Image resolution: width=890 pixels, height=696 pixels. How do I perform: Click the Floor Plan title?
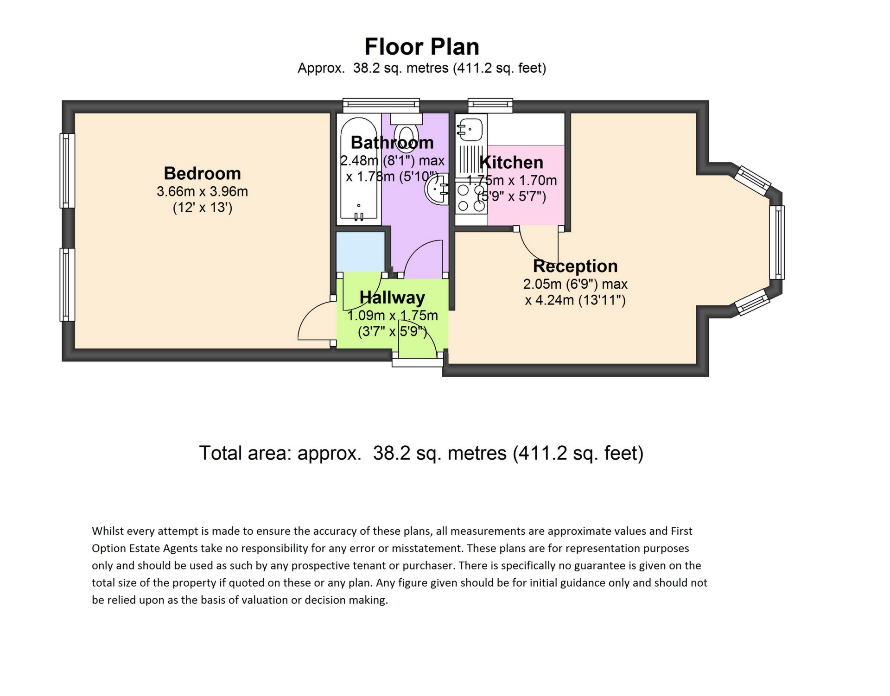pyautogui.click(x=421, y=47)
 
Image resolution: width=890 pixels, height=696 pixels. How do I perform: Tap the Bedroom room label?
pyautogui.click(x=202, y=173)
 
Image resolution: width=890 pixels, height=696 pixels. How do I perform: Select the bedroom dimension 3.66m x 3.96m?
pyautogui.click(x=202, y=191)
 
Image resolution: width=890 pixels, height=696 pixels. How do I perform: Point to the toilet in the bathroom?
pyautogui.click(x=406, y=132)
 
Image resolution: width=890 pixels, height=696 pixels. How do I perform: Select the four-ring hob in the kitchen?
pyautogui.click(x=471, y=197)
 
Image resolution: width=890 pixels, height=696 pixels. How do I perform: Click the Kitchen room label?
pyautogui.click(x=511, y=163)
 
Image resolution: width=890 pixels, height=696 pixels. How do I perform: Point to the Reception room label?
pyautogui.click(x=575, y=266)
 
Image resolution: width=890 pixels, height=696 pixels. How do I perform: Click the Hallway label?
pyautogui.click(x=392, y=297)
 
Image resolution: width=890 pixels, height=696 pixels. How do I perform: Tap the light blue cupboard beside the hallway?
pyautogui.click(x=360, y=252)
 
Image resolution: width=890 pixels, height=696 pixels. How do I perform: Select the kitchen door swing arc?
pyautogui.click(x=533, y=251)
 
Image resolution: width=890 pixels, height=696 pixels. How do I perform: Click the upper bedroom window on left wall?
pyautogui.click(x=67, y=171)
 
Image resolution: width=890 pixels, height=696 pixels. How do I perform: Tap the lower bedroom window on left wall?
pyautogui.click(x=67, y=285)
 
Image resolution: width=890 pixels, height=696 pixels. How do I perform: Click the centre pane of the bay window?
pyautogui.click(x=777, y=242)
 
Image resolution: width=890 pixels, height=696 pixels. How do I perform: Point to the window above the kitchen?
pyautogui.click(x=490, y=105)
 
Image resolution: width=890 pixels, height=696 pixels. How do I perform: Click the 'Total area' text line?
pyautogui.click(x=421, y=453)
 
